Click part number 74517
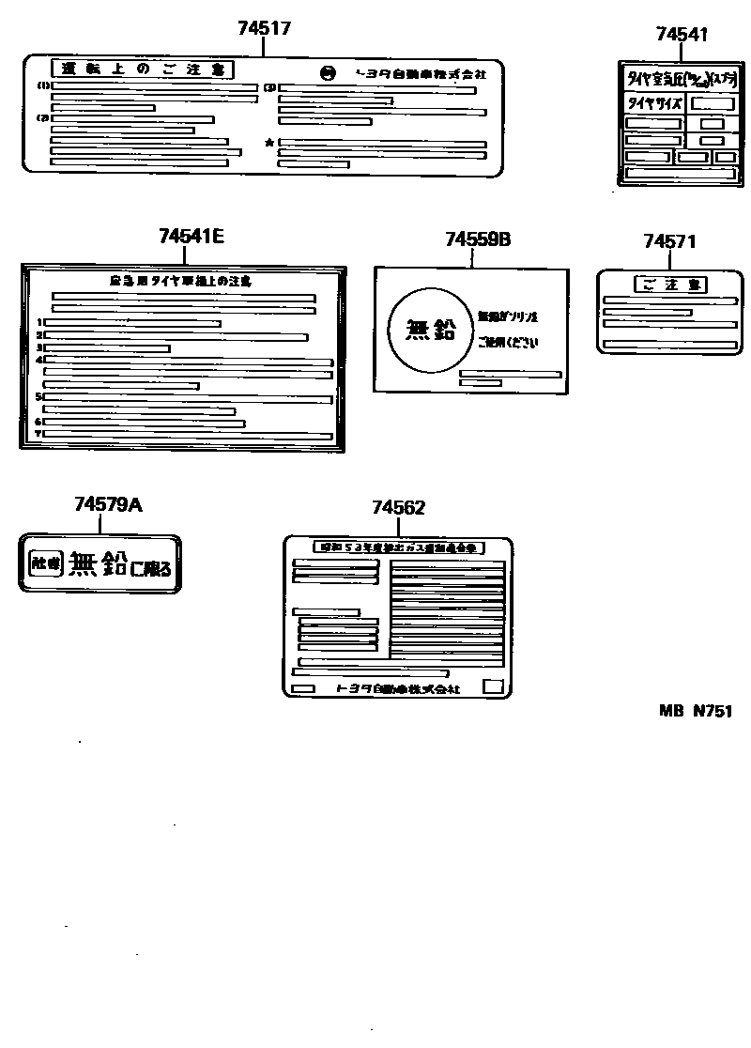pos(264,29)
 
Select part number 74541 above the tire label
pos(682,35)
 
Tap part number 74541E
pos(192,237)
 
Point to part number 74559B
pos(478,240)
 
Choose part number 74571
pos(669,241)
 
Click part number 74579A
pos(108,505)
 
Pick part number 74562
pos(398,508)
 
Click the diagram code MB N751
pos(695,711)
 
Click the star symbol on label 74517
pos(270,143)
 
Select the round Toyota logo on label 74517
pos(327,73)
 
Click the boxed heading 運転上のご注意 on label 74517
pos(142,69)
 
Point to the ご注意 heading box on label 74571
pos(670,285)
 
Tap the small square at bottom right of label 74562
pos(492,686)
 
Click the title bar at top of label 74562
pos(398,547)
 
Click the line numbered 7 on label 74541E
pos(188,436)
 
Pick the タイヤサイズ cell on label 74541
pos(653,103)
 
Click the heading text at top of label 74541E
pos(180,281)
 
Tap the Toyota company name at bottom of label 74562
pos(398,688)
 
